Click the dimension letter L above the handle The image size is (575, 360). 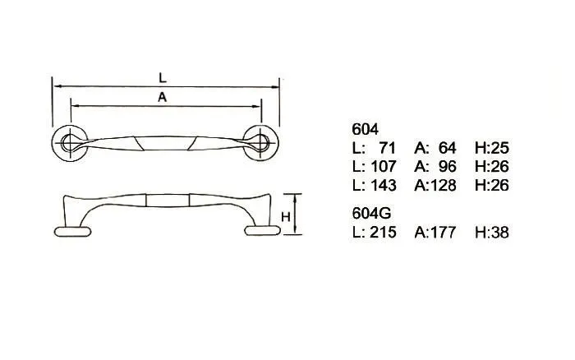point(163,77)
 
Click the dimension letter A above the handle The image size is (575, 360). point(162,97)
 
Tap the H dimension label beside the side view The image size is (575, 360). point(286,217)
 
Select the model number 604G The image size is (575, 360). point(371,213)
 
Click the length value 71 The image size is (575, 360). point(387,148)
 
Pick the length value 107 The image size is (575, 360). point(384,167)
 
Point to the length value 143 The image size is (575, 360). point(384,185)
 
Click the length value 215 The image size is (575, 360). point(384,233)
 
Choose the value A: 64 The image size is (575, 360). point(435,148)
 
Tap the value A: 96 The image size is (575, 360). point(435,167)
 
